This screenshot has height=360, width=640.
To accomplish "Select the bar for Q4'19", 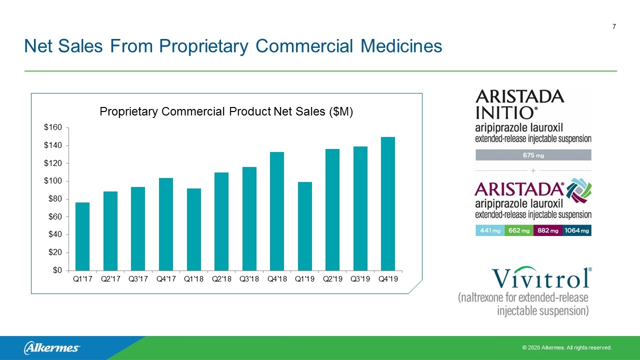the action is pyautogui.click(x=387, y=203).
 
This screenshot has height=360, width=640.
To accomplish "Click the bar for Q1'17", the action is pyautogui.click(x=82, y=236).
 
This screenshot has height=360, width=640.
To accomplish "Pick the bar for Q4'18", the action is pyautogui.click(x=277, y=211).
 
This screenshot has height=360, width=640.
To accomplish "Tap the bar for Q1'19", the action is pyautogui.click(x=305, y=226).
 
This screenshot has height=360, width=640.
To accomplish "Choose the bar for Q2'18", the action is pyautogui.click(x=221, y=221).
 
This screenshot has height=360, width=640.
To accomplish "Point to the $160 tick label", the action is pyautogui.click(x=53, y=127).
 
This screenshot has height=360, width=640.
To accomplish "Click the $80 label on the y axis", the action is pyautogui.click(x=55, y=199).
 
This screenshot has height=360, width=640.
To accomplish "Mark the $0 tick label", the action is pyautogui.click(x=57, y=270).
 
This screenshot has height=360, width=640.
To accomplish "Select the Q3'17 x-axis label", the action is pyautogui.click(x=138, y=279).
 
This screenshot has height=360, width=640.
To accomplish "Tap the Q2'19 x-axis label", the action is pyautogui.click(x=332, y=279).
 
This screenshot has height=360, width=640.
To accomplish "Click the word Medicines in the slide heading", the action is pyautogui.click(x=401, y=46).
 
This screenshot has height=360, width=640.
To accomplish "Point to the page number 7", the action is pyautogui.click(x=614, y=26).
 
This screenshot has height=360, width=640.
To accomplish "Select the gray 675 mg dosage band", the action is pyautogui.click(x=533, y=155).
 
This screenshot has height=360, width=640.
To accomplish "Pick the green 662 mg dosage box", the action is pyautogui.click(x=519, y=230).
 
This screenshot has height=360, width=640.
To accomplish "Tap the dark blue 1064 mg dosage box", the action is pyautogui.click(x=577, y=230).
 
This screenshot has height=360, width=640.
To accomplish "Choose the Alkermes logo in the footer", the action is pyautogui.click(x=52, y=348).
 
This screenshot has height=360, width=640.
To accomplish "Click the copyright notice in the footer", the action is pyautogui.click(x=567, y=347).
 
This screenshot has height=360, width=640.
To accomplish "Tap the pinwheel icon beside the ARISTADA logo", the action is pyautogui.click(x=579, y=190).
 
